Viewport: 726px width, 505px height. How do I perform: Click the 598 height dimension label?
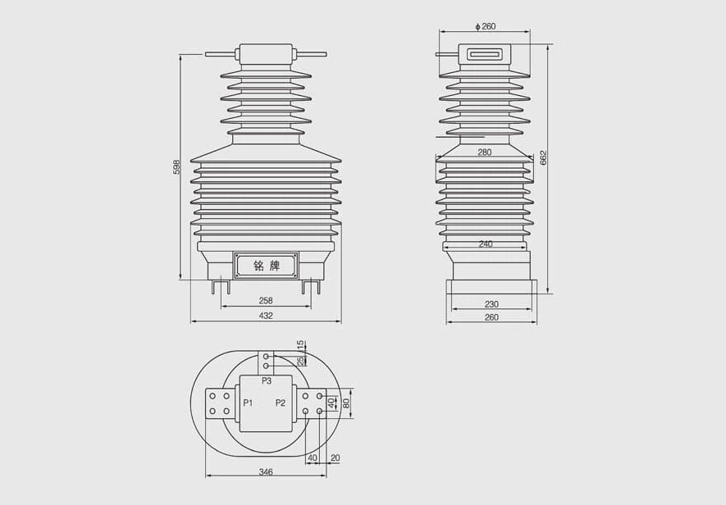pos(176,167)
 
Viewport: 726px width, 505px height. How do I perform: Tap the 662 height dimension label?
pos(544,157)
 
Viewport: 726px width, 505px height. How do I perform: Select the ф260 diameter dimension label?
pos(486,26)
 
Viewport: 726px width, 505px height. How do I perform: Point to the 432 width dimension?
pos(266,316)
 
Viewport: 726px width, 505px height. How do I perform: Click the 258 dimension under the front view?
pos(266,300)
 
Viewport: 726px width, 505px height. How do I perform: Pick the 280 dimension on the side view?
pos(484,152)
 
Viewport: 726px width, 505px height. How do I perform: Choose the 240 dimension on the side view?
pos(486,244)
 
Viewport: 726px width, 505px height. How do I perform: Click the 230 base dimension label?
pos(491,304)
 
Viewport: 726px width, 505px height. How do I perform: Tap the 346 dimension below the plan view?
pos(266,471)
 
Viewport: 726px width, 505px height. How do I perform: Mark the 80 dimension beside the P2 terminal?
pos(345,403)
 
